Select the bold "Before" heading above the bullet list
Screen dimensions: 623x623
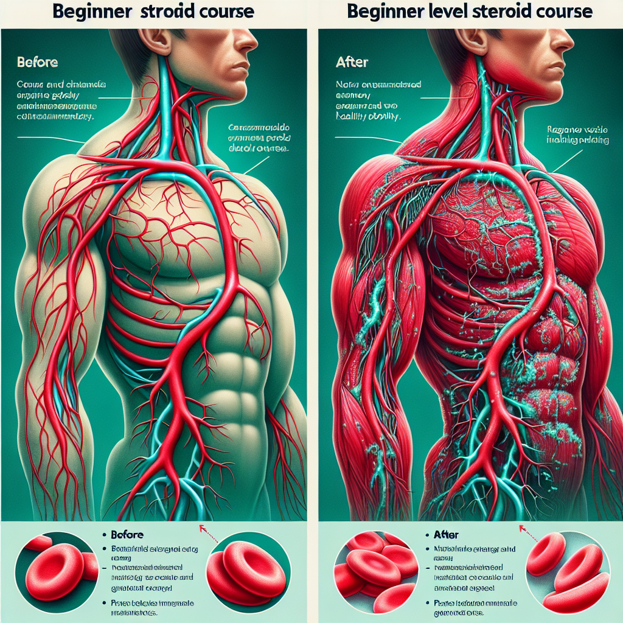(x=127, y=535)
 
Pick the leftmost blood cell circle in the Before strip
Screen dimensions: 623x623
(x=55, y=566)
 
